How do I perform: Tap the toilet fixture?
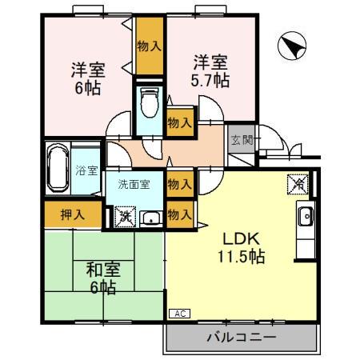tap(149, 105)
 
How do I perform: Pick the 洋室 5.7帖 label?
tap(210, 70)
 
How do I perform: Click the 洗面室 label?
tap(134, 184)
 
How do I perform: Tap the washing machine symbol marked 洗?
tap(124, 214)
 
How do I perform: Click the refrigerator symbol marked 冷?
tap(296, 183)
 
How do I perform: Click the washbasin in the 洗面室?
tap(150, 217)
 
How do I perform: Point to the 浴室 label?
tap(86, 170)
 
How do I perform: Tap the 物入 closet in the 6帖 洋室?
tap(149, 46)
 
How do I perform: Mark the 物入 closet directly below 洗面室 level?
tap(178, 214)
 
